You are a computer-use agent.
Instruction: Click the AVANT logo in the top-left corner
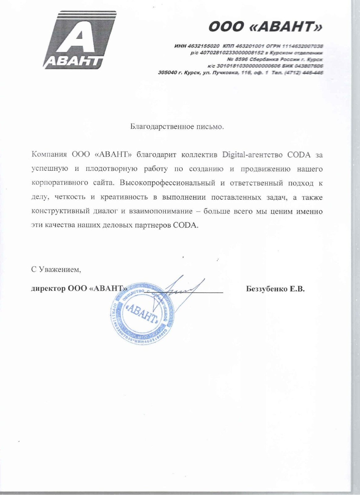pos(79,40)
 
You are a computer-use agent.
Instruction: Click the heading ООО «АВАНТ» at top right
pos(265,27)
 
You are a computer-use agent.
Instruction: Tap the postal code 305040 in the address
pos(167,73)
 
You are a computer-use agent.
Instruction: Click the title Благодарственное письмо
pos(177,127)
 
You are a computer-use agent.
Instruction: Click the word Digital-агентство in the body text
pos(252,155)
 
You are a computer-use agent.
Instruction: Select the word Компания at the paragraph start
pos(49,155)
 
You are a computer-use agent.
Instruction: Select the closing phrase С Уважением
pos(56,269)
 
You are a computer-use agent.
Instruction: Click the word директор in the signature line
pos(48,289)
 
